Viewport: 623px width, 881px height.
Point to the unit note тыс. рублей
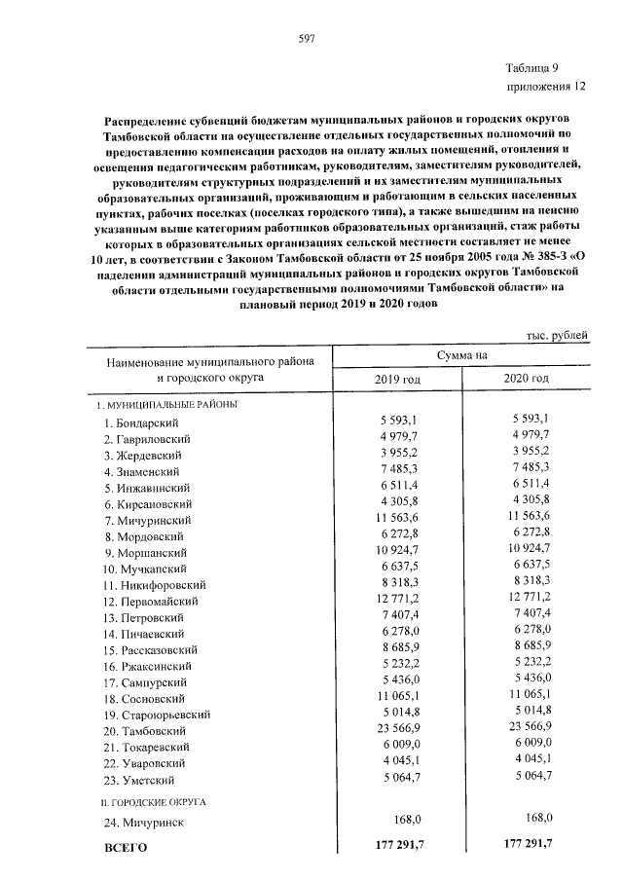pyautogui.click(x=556, y=336)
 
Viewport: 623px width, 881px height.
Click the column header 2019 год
pyautogui.click(x=398, y=379)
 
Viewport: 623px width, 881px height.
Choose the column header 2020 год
pyautogui.click(x=527, y=379)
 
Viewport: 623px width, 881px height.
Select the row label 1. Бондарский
pyautogui.click(x=146, y=423)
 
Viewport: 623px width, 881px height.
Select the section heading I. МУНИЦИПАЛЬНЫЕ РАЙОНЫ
pyautogui.click(x=165, y=403)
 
